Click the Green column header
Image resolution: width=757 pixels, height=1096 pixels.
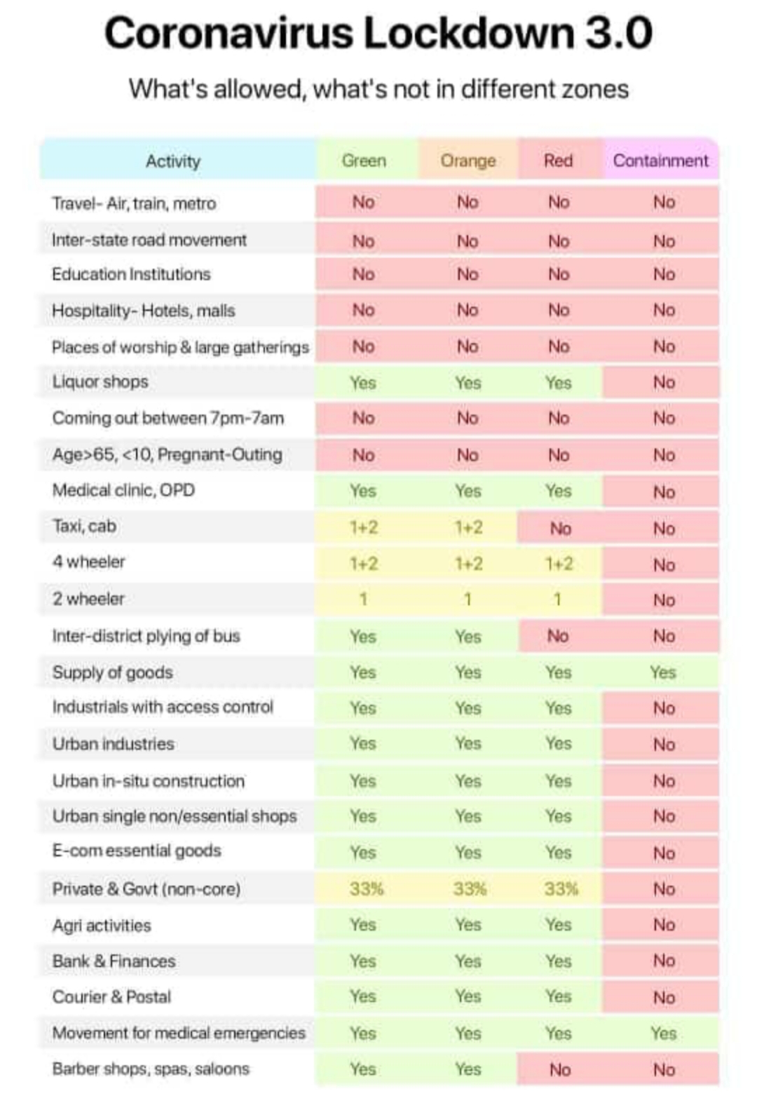[x=364, y=161]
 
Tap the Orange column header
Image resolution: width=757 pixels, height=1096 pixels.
[x=468, y=161]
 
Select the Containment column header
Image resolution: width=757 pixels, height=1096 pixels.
[x=661, y=161]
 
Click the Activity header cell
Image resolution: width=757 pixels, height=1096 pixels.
[x=173, y=161]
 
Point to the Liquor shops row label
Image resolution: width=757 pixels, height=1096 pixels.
[x=100, y=382]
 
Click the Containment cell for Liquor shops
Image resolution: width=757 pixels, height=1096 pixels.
[x=663, y=383]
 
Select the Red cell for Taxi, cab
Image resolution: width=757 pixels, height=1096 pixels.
[x=560, y=528]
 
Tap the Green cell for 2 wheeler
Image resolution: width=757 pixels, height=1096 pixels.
[x=363, y=600]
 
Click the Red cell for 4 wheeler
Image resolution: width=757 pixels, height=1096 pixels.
[x=559, y=564]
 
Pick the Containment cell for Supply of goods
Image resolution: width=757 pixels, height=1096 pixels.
[x=662, y=672]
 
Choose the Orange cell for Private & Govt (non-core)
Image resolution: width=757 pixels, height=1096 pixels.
[x=469, y=889]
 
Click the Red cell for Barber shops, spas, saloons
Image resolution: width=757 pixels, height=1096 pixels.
[x=559, y=1070]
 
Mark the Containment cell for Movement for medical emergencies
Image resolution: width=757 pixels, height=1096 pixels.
[x=663, y=1034]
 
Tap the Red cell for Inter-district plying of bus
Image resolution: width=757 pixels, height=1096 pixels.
[x=558, y=636]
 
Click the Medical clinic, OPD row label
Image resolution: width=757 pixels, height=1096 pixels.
[x=123, y=490]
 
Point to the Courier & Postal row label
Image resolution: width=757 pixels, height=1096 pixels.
[x=111, y=997]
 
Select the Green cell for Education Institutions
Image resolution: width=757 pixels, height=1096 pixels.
[x=363, y=274]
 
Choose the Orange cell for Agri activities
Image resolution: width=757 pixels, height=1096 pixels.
[x=468, y=925]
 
